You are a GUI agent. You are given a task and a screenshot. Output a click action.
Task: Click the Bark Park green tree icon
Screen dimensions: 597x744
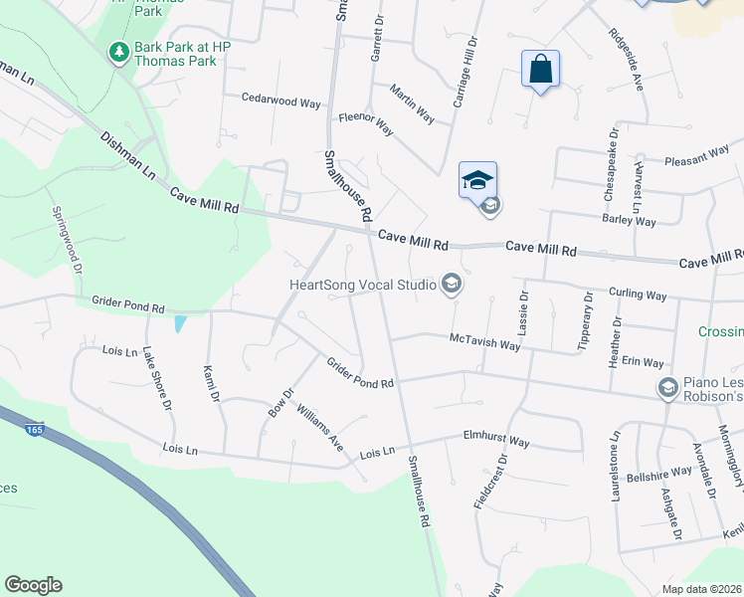pos(119,51)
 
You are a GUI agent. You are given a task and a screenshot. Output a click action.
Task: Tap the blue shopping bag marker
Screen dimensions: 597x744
pos(540,70)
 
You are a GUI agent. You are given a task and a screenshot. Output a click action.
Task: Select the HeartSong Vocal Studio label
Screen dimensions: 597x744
pos(362,286)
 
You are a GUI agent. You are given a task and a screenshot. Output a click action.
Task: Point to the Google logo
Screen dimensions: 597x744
pos(33,585)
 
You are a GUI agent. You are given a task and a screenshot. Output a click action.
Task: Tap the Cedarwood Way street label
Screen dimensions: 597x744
pos(281,99)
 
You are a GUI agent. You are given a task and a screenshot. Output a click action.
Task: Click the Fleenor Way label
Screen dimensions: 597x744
pos(366,123)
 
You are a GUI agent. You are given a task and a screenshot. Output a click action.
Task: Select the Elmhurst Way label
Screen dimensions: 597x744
pos(496,439)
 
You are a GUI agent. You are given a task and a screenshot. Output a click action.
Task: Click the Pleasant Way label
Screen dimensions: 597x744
pos(697,157)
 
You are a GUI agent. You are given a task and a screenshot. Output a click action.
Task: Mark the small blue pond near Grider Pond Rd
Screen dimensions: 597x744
pos(179,323)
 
